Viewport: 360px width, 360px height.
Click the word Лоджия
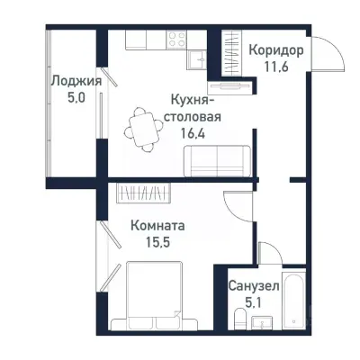(x=75, y=80)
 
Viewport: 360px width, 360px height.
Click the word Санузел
(x=253, y=285)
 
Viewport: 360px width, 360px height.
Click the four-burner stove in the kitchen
(x=175, y=40)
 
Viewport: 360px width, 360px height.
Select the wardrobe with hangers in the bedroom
(x=145, y=193)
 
